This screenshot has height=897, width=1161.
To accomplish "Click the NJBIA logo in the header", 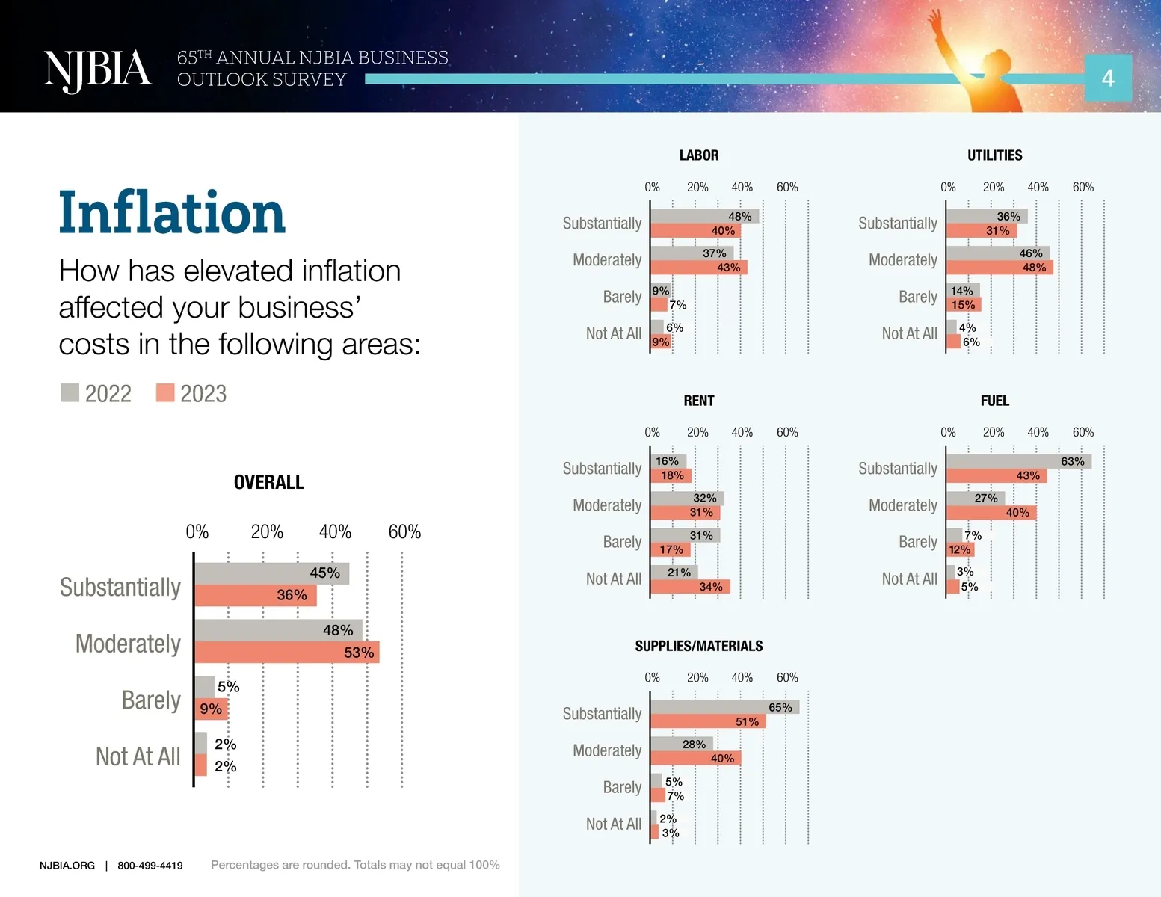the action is click(98, 71).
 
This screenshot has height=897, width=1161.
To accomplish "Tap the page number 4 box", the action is click(1108, 78).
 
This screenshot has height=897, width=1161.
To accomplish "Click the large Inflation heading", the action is click(171, 212).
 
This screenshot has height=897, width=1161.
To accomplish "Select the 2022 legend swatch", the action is click(70, 392).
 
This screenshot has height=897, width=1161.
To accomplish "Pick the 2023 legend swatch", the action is click(165, 392).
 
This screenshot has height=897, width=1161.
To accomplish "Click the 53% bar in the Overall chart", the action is click(287, 653).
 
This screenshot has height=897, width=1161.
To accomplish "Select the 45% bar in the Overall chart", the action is click(272, 573).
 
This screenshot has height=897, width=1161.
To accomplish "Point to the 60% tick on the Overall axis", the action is click(404, 531).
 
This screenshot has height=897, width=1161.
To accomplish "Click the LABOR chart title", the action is click(699, 155).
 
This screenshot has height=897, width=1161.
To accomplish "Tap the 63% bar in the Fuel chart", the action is click(1020, 461).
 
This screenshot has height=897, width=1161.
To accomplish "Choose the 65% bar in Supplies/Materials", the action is click(726, 707).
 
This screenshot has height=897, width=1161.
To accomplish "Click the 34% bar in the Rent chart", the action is click(690, 587).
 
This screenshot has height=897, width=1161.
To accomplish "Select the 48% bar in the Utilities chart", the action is click(1000, 267).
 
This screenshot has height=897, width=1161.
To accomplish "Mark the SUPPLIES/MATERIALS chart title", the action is click(699, 646).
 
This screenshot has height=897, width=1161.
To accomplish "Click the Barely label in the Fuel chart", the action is click(918, 542).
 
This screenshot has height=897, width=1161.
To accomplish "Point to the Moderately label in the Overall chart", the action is click(128, 644).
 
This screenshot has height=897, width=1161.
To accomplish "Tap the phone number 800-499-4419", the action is click(150, 866).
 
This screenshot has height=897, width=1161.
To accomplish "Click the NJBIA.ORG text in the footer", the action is click(67, 866).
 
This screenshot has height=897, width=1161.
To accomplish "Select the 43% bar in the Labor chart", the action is click(699, 267).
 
